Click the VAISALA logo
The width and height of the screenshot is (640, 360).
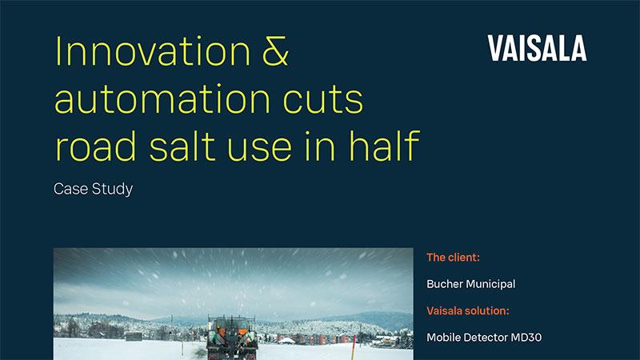(x=537, y=48)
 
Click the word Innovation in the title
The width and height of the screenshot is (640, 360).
(x=153, y=51)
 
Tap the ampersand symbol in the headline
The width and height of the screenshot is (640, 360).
(x=275, y=51)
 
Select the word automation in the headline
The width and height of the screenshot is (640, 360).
(x=162, y=99)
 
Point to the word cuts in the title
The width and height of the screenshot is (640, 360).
(x=323, y=100)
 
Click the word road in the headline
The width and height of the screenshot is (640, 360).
(x=95, y=146)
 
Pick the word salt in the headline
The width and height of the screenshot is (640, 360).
(x=182, y=146)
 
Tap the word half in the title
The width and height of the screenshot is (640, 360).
(x=384, y=146)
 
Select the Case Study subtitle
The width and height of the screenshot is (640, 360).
(x=93, y=189)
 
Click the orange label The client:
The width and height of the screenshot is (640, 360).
(x=453, y=258)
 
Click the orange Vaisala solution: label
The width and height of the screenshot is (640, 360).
(x=468, y=311)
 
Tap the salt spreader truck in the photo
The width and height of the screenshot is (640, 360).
(x=232, y=337)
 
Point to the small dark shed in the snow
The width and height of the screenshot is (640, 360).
(x=134, y=336)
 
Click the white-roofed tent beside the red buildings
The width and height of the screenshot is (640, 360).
(x=286, y=340)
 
